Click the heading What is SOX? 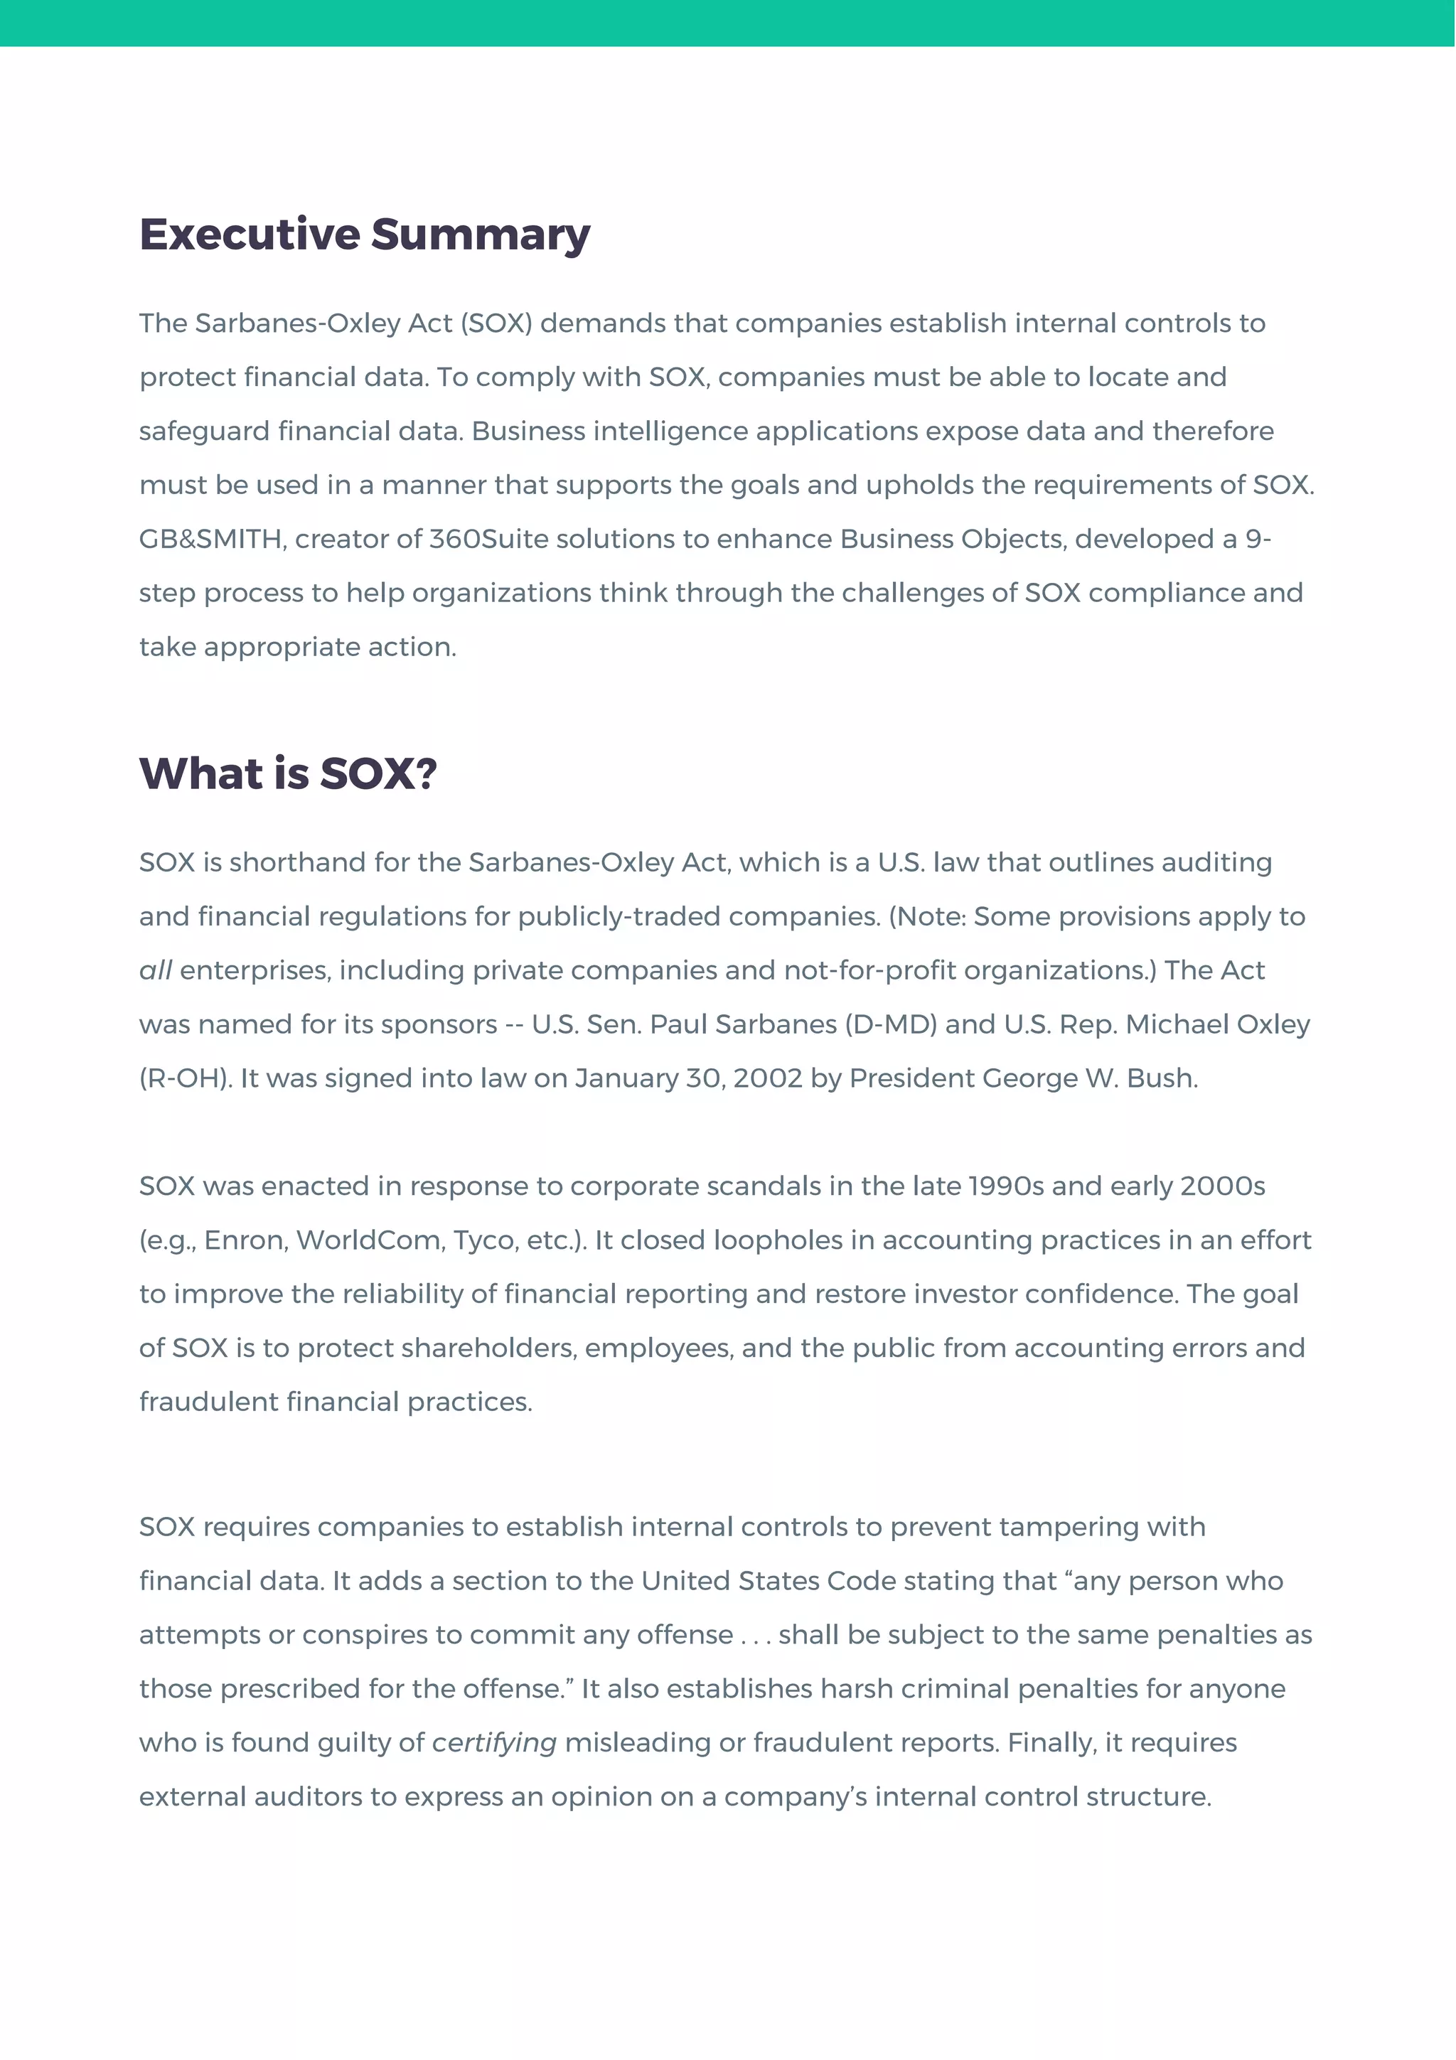click(x=288, y=773)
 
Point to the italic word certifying click(x=494, y=1742)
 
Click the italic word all click(x=155, y=971)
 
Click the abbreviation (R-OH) click(x=185, y=1078)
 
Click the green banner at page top click(x=727, y=23)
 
